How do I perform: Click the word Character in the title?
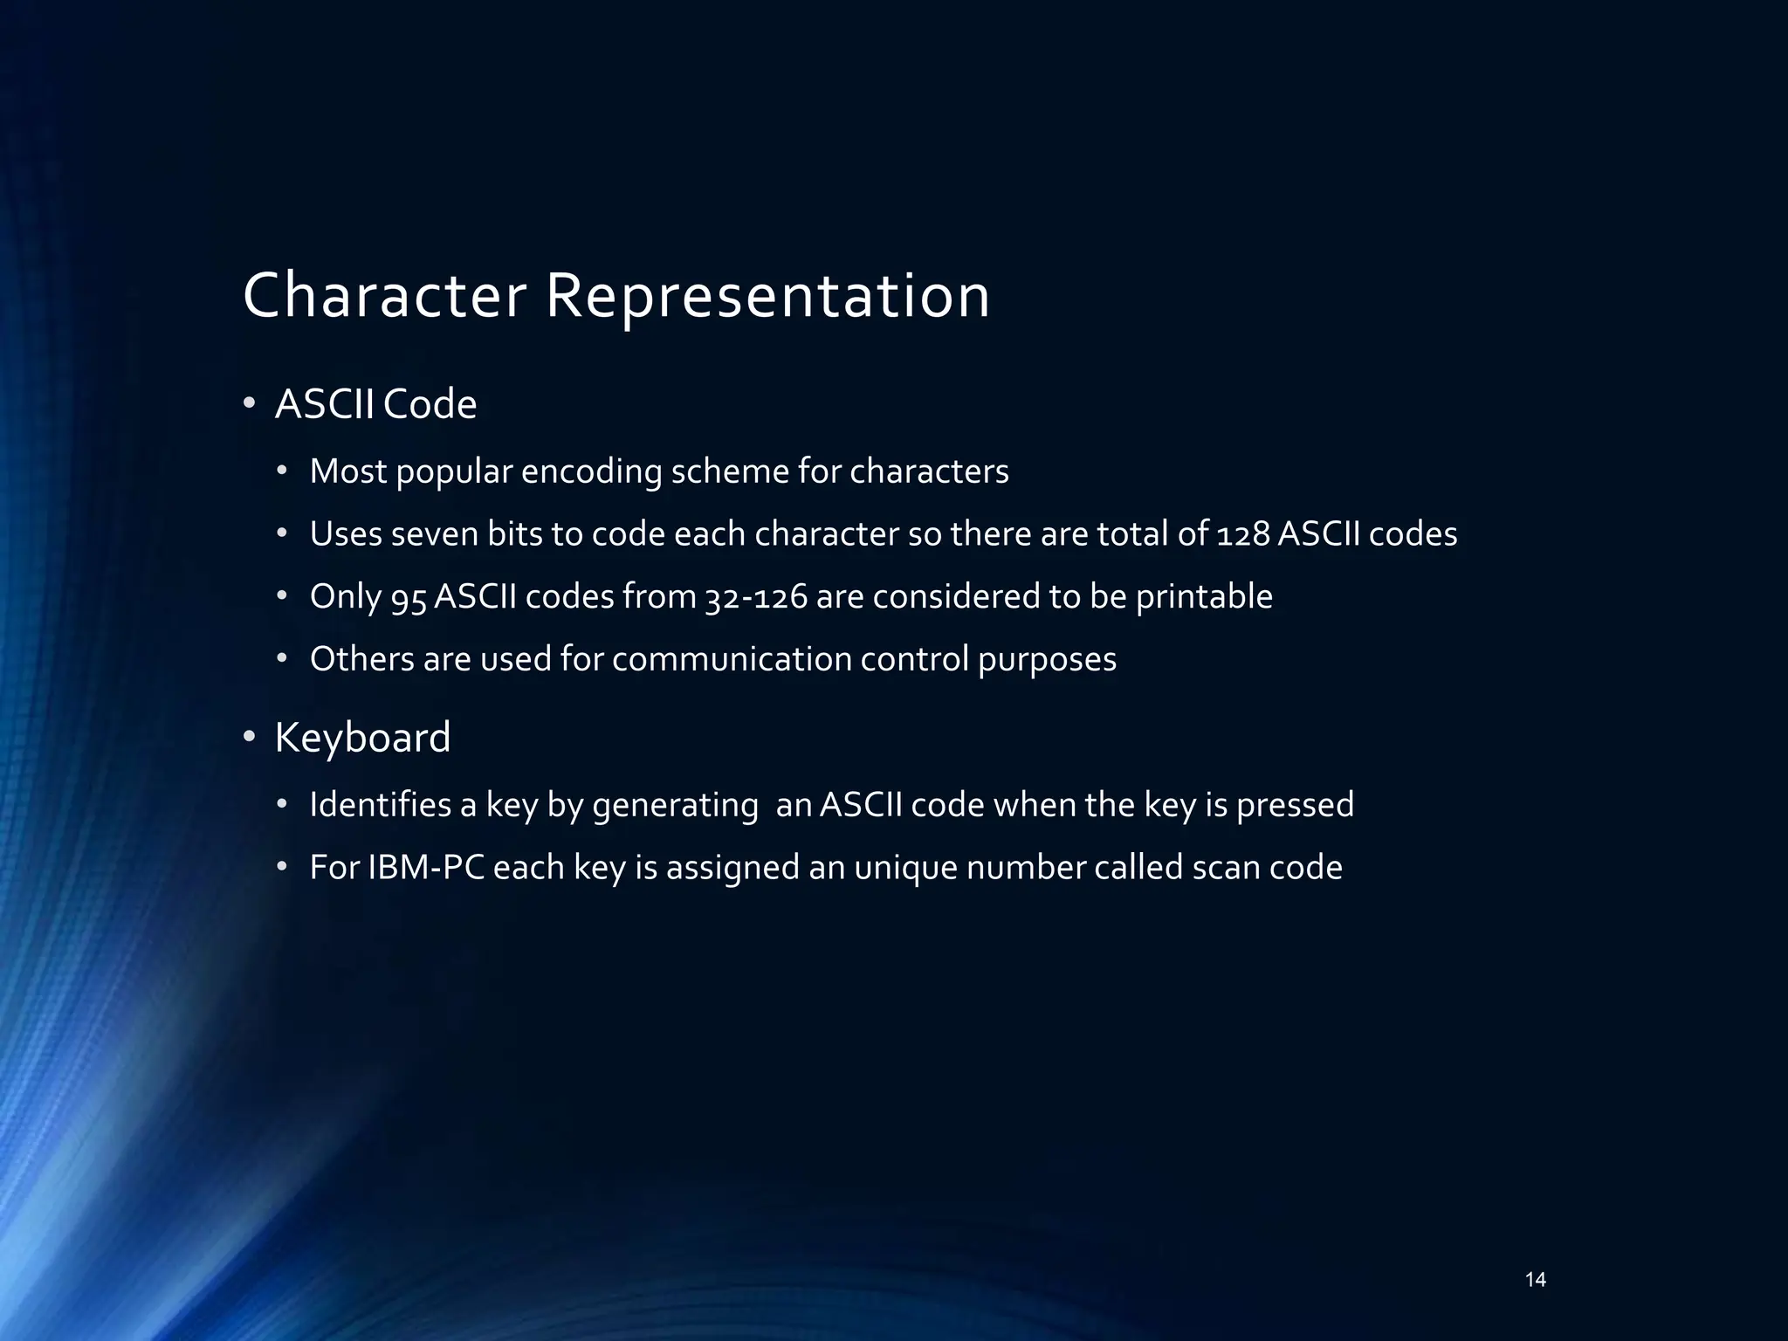(384, 295)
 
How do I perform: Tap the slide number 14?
(1535, 1280)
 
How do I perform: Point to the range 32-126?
(756, 597)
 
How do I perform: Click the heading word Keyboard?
(362, 738)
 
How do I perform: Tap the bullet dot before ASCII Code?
(249, 403)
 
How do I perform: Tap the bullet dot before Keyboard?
(249, 738)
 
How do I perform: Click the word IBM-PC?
(426, 868)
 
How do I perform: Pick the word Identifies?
(381, 805)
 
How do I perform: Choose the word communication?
(732, 659)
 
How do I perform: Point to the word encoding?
(591, 472)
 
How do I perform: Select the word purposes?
(1047, 660)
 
